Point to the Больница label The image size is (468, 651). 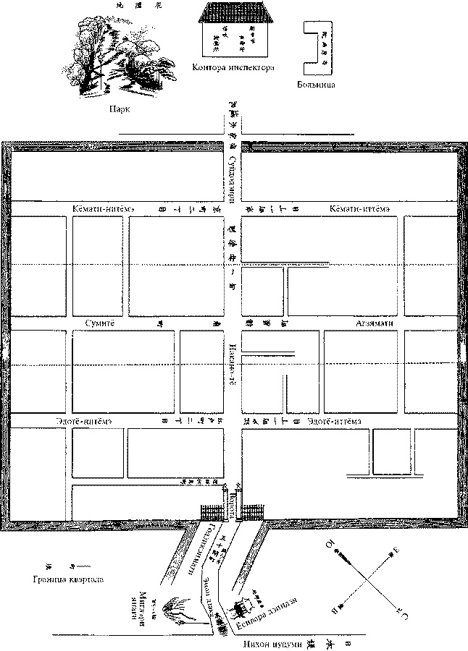[x=315, y=85]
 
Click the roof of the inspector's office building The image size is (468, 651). [x=234, y=12]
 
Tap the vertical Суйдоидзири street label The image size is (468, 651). [x=232, y=177]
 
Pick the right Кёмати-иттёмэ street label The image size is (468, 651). [x=361, y=209]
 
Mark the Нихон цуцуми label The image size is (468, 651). [x=269, y=642]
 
